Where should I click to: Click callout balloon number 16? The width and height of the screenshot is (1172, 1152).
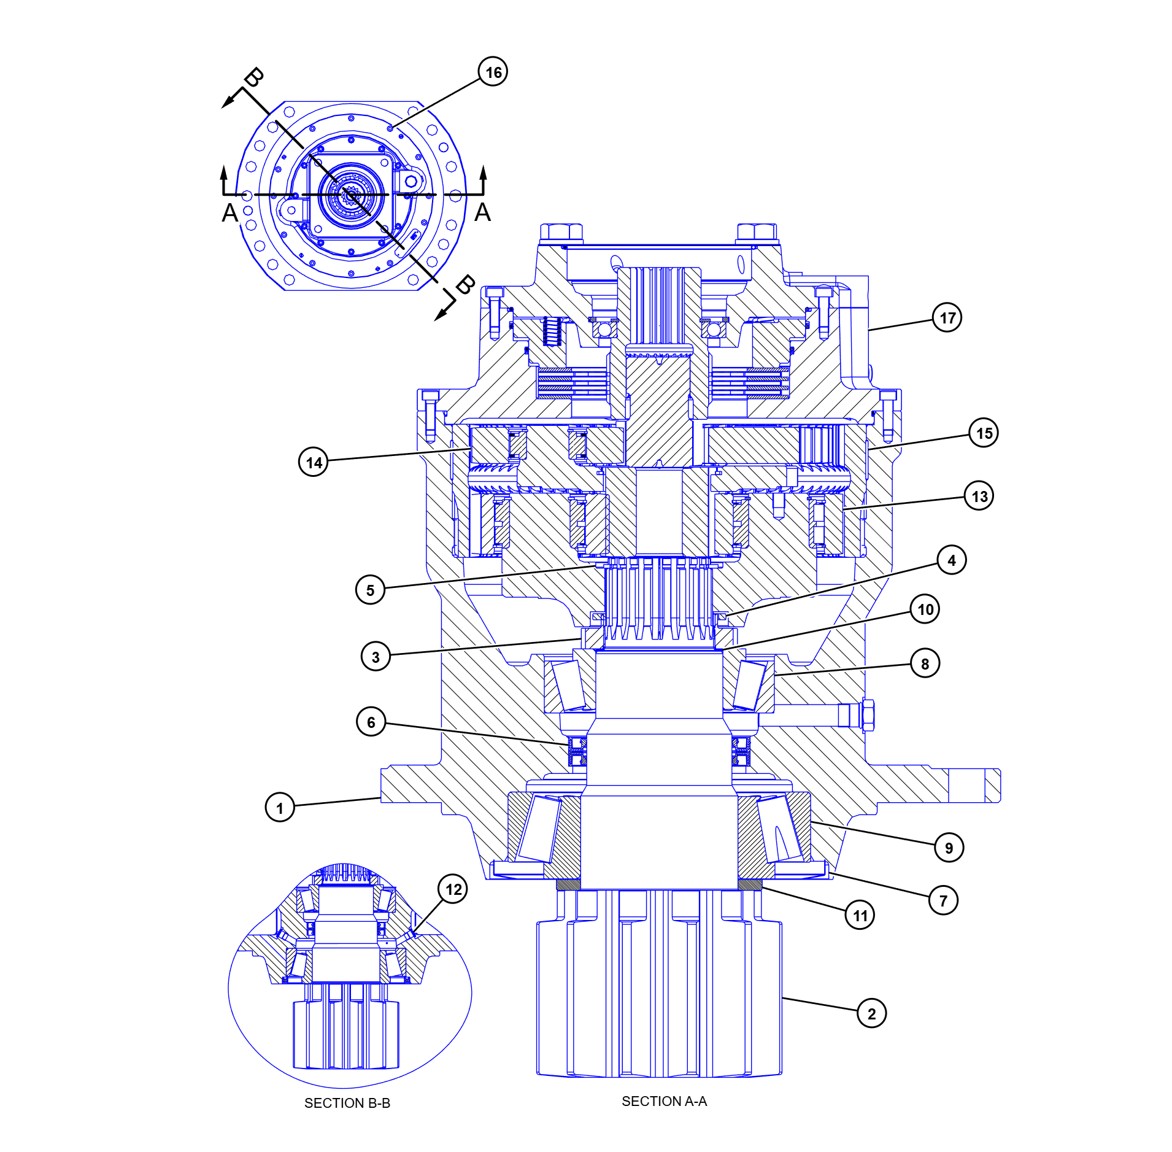[493, 72]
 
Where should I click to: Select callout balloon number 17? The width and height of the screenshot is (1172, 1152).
[947, 317]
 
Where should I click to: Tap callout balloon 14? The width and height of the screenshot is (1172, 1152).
[314, 462]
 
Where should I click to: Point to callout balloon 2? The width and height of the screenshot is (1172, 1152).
[871, 1013]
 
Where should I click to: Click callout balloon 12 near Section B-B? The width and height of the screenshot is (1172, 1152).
[453, 889]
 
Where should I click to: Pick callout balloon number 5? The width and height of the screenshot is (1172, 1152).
[370, 590]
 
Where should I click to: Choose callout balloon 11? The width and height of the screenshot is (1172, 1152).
[860, 915]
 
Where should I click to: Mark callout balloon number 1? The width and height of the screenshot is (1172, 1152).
[280, 807]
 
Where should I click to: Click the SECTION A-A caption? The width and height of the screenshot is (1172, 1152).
[664, 1101]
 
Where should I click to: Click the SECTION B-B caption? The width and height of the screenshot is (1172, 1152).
[347, 1103]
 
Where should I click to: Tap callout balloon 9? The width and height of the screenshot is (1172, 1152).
[949, 848]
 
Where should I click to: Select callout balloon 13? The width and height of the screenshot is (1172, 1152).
[979, 496]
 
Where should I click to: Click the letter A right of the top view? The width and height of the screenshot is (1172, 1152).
[482, 212]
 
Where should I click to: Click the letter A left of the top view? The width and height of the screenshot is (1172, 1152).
[229, 212]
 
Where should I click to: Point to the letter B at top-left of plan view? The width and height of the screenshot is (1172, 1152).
[253, 78]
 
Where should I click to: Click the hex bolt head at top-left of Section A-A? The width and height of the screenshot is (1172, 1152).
[561, 232]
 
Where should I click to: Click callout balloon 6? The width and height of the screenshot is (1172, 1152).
[371, 722]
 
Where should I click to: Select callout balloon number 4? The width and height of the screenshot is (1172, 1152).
[951, 560]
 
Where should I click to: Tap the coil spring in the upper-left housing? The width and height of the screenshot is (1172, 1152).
[552, 332]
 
